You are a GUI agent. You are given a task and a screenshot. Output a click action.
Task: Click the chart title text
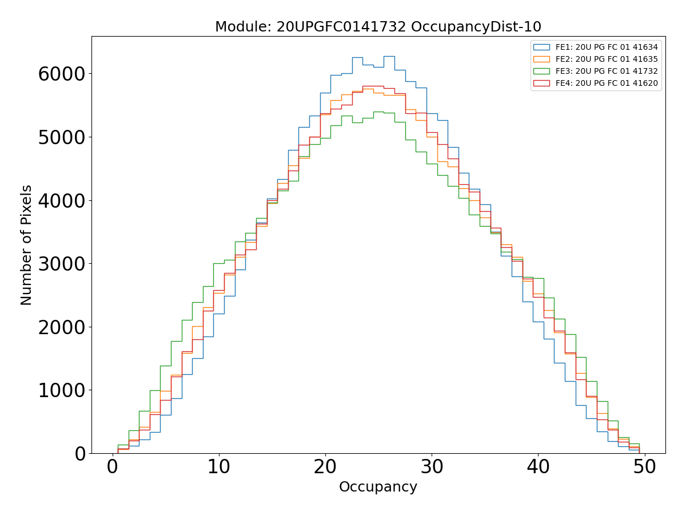[x=378, y=27]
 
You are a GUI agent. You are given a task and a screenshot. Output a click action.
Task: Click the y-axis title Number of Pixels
[x=26, y=245]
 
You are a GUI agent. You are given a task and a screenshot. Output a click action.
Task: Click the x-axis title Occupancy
[x=378, y=487]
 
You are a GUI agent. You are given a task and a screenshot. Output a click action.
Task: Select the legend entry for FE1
[x=607, y=47]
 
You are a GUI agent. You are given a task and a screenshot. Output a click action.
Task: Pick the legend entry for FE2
[x=607, y=59]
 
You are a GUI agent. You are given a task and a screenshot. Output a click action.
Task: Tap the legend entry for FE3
[x=607, y=71]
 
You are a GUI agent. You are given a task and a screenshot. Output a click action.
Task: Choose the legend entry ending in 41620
[x=607, y=84]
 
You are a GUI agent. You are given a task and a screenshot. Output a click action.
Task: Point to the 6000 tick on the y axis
[x=61, y=74]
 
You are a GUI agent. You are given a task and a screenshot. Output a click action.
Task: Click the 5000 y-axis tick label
[x=61, y=137]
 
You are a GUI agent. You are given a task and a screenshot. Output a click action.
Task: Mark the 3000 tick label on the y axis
[x=61, y=264]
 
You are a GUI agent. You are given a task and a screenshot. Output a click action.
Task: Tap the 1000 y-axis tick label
[x=61, y=390]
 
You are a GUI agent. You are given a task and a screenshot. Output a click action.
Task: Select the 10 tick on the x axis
[x=219, y=468]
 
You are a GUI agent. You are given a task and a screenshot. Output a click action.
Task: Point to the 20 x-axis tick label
[x=325, y=468]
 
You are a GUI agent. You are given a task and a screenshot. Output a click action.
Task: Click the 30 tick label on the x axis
[x=432, y=468]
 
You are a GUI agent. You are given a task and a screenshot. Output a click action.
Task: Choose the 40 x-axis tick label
[x=538, y=468]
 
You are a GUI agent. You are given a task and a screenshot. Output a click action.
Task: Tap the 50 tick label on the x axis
[x=644, y=468]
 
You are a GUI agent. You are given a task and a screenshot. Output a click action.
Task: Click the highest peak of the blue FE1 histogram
[x=389, y=56]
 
